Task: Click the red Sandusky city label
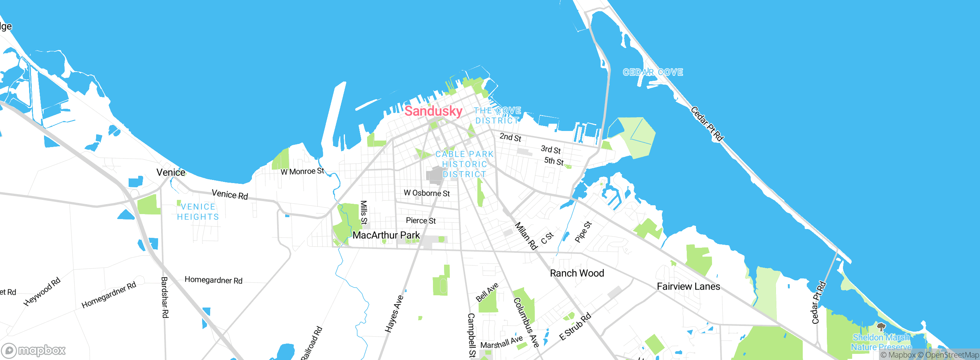point(433,111)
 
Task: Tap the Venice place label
point(171,172)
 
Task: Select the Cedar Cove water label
point(653,72)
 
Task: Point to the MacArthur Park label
point(386,235)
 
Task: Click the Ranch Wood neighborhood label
point(577,273)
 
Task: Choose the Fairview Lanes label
point(688,286)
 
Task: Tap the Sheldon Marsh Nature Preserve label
point(881,342)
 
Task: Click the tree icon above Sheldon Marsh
point(881,327)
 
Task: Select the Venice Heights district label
point(198,212)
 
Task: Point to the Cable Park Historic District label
point(464,164)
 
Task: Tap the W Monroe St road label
point(302,172)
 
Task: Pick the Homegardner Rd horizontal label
point(213,280)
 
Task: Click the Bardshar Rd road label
point(165,297)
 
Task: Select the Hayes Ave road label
point(394,313)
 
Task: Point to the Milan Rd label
point(526,236)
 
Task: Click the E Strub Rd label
point(575,327)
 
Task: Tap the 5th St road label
point(554,161)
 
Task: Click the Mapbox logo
point(33,350)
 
